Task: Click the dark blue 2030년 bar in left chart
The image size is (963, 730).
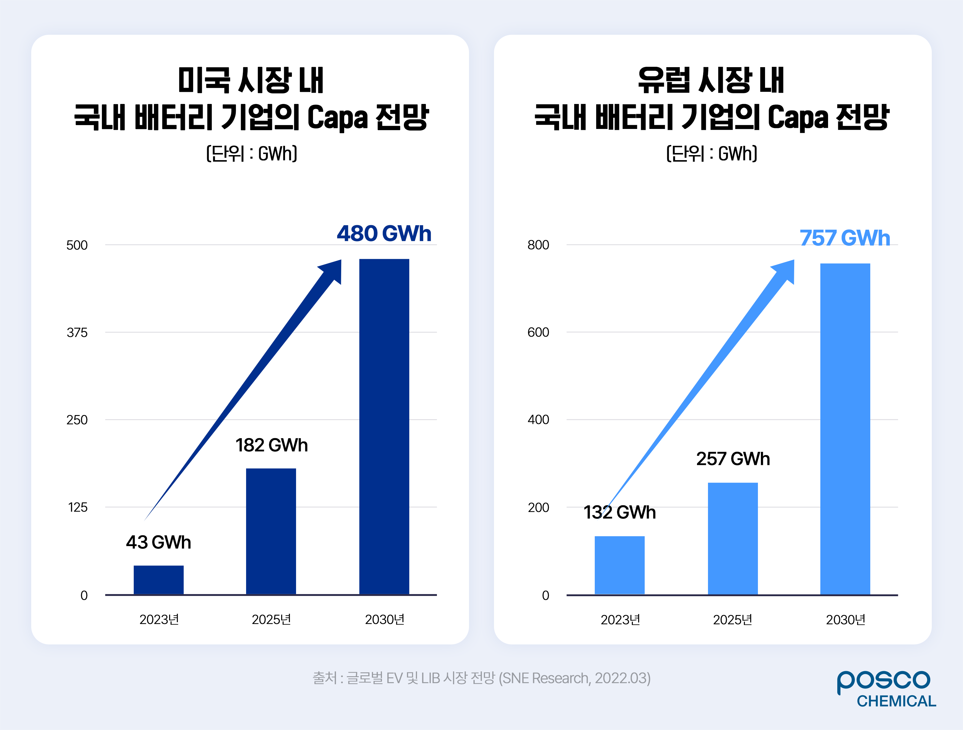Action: tap(384, 427)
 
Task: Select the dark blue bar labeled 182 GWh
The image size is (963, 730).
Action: tap(271, 531)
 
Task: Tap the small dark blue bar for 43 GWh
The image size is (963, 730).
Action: tap(158, 580)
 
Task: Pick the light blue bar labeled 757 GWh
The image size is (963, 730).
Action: tap(845, 429)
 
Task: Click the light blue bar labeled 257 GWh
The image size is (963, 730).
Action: tap(733, 538)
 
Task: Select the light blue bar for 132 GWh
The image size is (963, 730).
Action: tap(619, 565)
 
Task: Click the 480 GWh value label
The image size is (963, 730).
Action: tap(384, 234)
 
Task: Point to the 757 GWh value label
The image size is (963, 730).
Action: tap(845, 238)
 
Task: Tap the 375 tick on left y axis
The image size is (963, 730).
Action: tap(77, 332)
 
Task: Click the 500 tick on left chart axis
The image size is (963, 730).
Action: tap(77, 245)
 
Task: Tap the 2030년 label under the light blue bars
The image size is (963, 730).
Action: tap(846, 619)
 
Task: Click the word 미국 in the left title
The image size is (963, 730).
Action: tap(204, 81)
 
